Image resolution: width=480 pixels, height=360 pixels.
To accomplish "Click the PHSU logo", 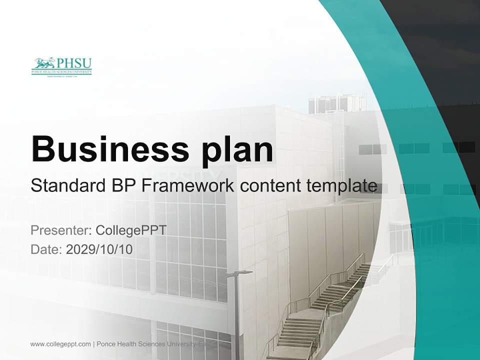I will [61, 66].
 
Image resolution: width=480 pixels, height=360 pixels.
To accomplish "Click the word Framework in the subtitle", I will [187, 185].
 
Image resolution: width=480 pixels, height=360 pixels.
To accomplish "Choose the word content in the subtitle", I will [269, 185].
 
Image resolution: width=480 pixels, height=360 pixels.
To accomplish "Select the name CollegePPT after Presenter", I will [130, 230].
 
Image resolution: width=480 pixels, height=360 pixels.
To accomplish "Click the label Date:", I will [46, 248].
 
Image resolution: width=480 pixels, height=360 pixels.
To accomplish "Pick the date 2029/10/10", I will [99, 248].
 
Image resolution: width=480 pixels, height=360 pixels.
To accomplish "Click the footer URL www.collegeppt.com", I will [60, 344].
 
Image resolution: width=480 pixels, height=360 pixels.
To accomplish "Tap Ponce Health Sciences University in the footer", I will [150, 344].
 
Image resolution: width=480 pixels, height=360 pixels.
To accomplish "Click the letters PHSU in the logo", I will [74, 63].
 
